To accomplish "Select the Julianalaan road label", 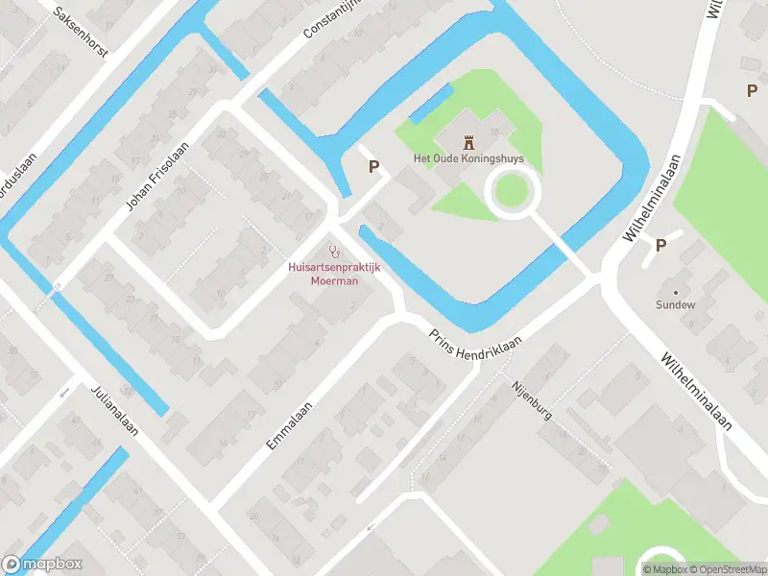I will coord(114,410).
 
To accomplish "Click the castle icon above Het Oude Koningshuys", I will coord(469,142).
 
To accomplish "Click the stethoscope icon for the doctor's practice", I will coord(334,252).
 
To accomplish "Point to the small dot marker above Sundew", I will coord(675,291).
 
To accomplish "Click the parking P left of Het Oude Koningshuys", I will coord(374,166).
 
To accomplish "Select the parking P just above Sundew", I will coord(660,245).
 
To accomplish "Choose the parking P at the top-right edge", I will coord(752,90).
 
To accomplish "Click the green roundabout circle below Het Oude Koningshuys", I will coord(510,190).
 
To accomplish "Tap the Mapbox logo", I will coord(42,564).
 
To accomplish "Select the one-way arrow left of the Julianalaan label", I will coord(64,392).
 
